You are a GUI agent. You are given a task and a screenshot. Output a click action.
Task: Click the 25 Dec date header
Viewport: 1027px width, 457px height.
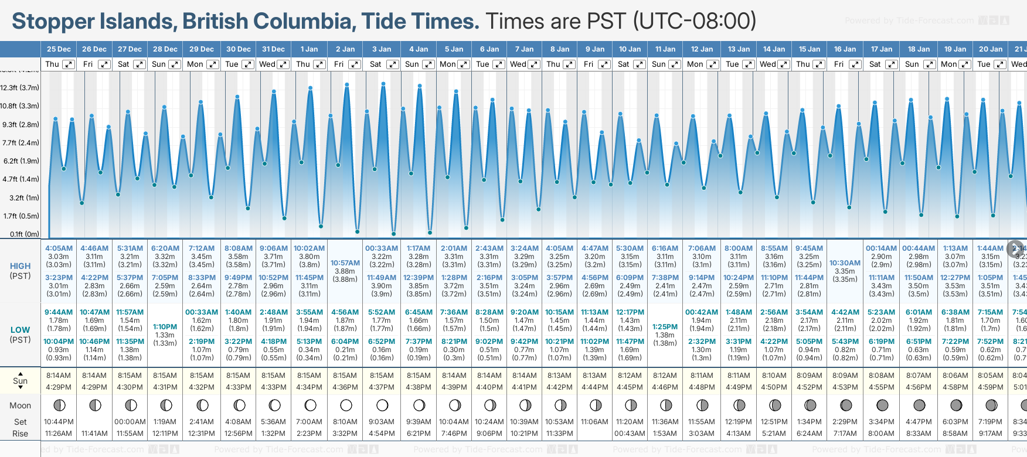[59, 49]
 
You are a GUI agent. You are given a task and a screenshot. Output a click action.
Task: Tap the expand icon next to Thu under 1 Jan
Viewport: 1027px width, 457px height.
[319, 64]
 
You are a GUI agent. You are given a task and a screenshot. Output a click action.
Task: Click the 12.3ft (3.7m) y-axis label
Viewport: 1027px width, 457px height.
[20, 88]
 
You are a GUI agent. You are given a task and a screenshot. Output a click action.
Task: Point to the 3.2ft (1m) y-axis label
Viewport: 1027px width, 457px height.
[21, 198]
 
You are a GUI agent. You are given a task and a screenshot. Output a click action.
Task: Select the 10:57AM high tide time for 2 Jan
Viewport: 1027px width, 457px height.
[345, 263]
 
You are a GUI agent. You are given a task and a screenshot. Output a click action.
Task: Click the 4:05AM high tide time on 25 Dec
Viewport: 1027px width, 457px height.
[59, 248]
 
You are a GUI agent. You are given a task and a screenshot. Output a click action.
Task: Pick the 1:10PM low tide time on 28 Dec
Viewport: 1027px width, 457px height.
[165, 327]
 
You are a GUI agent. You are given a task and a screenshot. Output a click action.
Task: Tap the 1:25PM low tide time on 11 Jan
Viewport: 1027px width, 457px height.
[665, 327]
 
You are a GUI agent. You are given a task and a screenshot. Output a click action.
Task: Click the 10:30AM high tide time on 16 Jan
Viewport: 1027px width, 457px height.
[845, 263]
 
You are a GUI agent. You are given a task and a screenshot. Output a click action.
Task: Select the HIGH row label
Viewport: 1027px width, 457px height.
[20, 266]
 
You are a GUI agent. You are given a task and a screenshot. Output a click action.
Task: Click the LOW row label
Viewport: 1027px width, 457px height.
[20, 330]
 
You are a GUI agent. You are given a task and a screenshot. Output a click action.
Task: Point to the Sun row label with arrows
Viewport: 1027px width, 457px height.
[20, 381]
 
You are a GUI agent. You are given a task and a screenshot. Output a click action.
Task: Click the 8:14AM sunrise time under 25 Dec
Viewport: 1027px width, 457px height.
[59, 376]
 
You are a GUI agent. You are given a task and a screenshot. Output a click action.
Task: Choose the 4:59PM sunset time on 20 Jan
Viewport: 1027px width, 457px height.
[990, 387]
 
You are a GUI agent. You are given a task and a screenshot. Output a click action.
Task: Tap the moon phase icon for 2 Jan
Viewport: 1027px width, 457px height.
[346, 405]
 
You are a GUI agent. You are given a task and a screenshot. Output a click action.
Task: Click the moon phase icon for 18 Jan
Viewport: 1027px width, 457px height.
[919, 405]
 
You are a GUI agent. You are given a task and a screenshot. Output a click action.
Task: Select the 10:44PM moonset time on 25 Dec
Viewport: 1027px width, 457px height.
[59, 422]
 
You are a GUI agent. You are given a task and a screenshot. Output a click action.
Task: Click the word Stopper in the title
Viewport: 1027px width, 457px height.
[53, 21]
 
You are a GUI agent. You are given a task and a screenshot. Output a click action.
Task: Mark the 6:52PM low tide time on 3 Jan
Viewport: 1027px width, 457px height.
[382, 342]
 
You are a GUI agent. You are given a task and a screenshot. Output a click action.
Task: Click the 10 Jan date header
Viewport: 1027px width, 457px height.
[630, 49]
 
